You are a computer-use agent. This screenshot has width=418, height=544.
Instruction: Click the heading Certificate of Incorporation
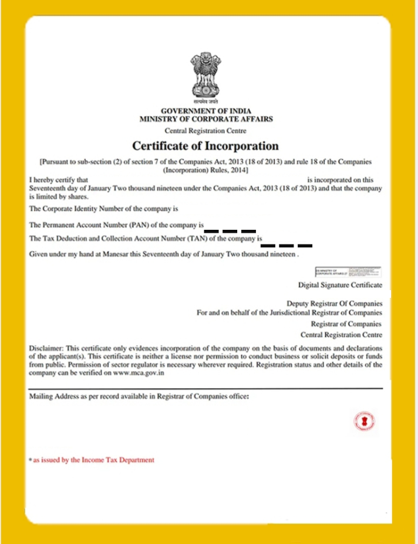pyautogui.click(x=205, y=145)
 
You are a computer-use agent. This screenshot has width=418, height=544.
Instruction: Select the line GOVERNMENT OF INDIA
pyautogui.click(x=205, y=111)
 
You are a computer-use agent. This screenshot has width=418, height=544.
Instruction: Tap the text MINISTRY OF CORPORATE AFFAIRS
pyautogui.click(x=205, y=118)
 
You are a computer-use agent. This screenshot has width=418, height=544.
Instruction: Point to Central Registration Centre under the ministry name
pyautogui.click(x=205, y=131)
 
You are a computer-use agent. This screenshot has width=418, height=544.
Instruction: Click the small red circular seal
pyautogui.click(x=365, y=420)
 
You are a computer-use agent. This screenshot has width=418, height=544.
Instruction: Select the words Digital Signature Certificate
pyautogui.click(x=340, y=285)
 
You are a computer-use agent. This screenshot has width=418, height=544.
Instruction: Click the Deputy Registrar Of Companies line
pyautogui.click(x=334, y=304)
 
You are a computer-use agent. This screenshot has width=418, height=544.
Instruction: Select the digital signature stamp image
pyautogui.click(x=348, y=272)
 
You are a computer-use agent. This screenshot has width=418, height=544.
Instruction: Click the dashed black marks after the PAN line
pyautogui.click(x=230, y=230)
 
